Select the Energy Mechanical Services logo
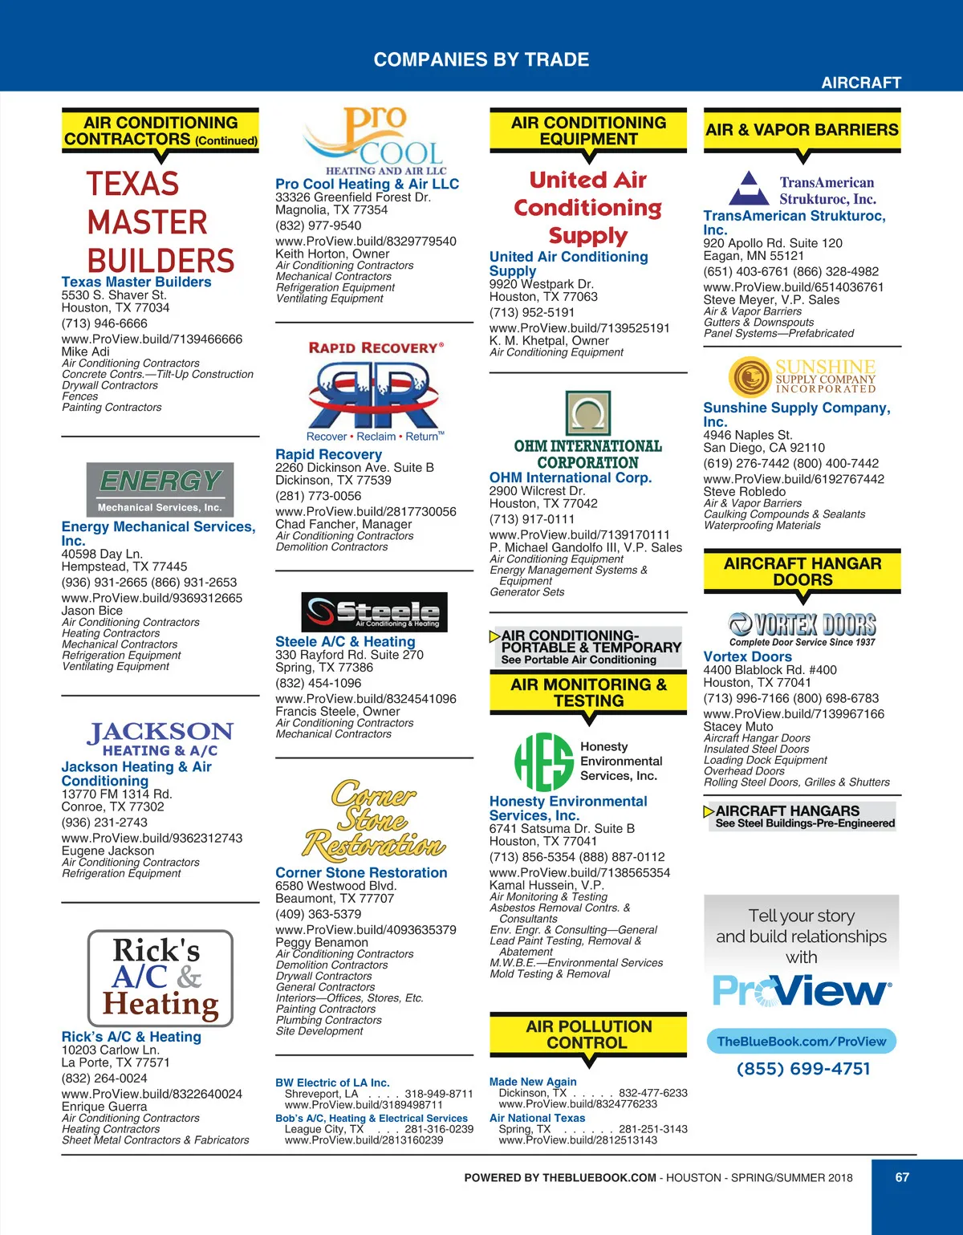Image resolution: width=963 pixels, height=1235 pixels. [160, 489]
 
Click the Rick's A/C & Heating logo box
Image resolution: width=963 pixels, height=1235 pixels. [160, 977]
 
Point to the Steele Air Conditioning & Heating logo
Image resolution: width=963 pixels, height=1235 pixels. [374, 612]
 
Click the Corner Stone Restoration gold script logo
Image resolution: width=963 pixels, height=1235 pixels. [374, 820]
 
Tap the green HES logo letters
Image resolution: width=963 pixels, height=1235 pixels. [543, 762]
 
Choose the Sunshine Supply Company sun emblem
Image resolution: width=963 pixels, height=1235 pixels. [750, 376]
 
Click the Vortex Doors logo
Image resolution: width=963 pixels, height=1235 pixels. [802, 624]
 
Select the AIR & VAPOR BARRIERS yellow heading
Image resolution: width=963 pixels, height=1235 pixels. [802, 130]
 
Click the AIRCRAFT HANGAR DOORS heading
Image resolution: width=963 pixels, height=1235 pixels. [802, 571]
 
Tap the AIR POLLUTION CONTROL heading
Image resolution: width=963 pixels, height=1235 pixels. [588, 1034]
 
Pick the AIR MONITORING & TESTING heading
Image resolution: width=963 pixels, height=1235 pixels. [588, 693]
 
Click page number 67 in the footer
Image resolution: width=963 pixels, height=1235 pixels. [902, 1177]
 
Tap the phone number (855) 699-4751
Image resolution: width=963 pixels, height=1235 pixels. [803, 1069]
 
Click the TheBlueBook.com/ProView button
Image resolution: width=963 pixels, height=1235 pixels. [802, 1042]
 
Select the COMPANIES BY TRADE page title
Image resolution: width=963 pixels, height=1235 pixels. [481, 60]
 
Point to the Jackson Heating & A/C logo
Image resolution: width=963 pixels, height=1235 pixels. [160, 739]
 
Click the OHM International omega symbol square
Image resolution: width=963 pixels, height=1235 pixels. [588, 413]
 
